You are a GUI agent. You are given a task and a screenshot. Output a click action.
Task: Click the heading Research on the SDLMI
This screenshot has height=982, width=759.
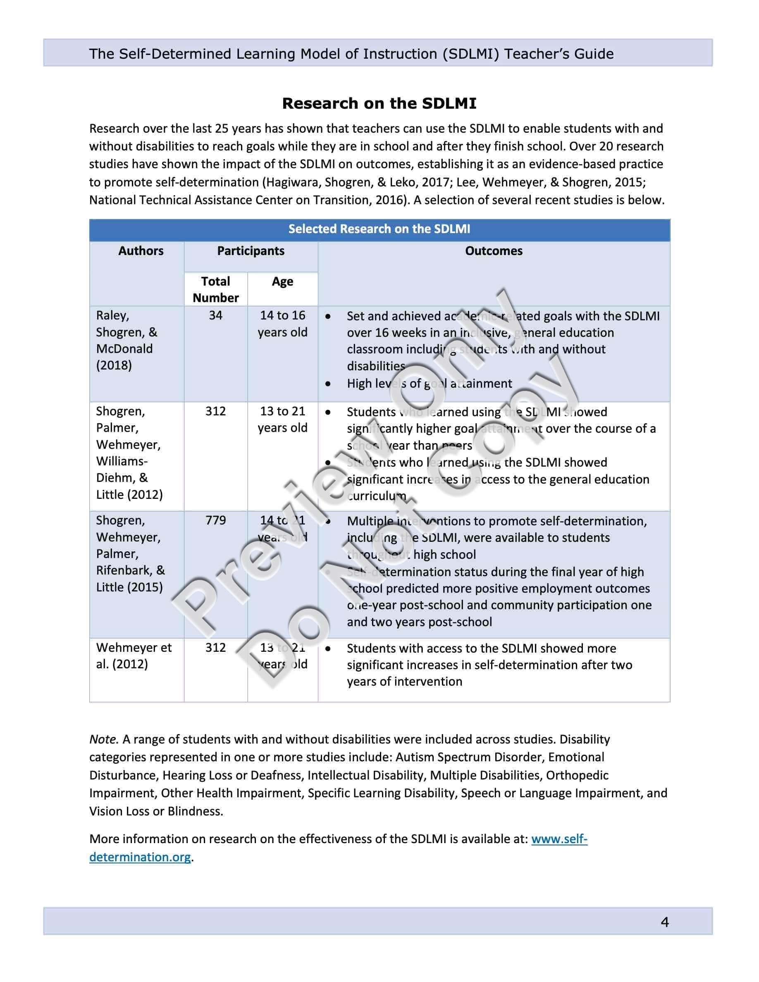coord(379,103)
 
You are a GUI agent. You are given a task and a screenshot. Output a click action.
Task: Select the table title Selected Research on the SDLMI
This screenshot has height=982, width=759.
coord(379,229)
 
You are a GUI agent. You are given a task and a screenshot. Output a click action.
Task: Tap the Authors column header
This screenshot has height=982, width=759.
coord(141,251)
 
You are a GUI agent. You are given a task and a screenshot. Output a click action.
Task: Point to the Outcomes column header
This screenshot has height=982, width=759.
coord(494,251)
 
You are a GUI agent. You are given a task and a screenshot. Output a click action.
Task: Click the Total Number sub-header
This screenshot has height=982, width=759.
coord(215,289)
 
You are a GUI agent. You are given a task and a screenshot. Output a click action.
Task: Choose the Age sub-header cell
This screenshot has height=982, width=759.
coord(282,281)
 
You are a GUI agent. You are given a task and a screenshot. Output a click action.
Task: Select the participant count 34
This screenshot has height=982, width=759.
coord(215,315)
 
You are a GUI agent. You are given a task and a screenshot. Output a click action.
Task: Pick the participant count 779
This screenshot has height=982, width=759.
coord(215,520)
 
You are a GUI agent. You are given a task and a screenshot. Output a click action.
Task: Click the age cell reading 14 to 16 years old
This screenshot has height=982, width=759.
coord(282,324)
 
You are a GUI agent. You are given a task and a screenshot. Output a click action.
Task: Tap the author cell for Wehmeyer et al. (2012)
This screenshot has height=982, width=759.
coord(134,655)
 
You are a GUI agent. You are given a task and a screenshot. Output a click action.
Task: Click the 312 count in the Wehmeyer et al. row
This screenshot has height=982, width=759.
coord(215,648)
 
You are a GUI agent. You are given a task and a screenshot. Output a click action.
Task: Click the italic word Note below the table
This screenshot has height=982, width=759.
coord(103,739)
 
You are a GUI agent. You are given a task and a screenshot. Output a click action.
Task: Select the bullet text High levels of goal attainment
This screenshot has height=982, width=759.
coord(429,384)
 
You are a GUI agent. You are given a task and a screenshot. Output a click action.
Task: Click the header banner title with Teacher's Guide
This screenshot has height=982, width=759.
coord(351,54)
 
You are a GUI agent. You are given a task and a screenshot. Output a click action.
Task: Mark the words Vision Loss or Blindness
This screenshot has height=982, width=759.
coord(155,811)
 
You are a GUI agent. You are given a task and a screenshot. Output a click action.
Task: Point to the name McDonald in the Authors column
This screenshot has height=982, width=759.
coord(124,348)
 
